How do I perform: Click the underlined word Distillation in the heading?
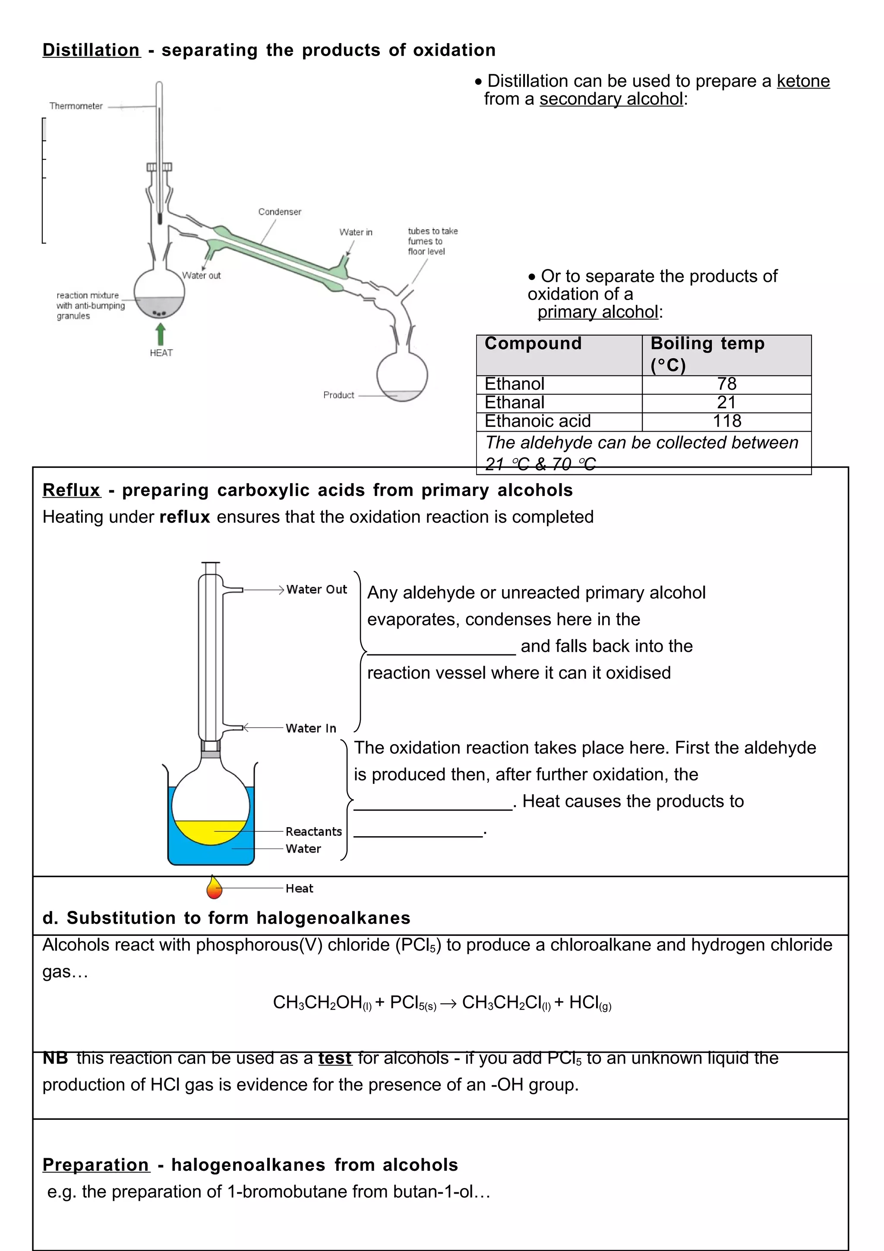[92, 50]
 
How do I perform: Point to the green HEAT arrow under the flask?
[161, 333]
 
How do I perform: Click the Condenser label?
[279, 212]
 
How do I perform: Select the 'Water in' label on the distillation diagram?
[356, 232]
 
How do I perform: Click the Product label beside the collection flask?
[338, 395]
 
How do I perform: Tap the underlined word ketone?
[803, 81]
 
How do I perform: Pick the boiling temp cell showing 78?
[726, 384]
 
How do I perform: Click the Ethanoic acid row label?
[537, 421]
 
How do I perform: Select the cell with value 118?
[726, 421]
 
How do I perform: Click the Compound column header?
[533, 344]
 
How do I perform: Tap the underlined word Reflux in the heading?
[71, 490]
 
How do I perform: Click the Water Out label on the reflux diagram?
[316, 590]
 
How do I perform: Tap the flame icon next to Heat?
[214, 888]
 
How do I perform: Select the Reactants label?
[314, 831]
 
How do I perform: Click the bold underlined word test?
[335, 1058]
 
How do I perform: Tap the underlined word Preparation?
[96, 1165]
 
